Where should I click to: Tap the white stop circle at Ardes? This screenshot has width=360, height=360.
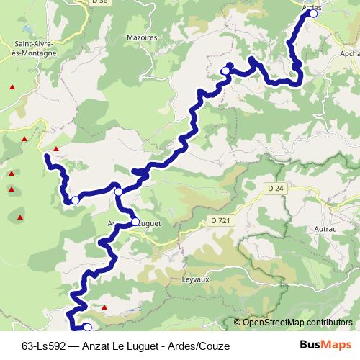313,13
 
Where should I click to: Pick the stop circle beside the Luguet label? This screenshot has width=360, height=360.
135,222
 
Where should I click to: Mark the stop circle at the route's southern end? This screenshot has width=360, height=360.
88,328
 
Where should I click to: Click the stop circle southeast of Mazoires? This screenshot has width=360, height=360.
225,71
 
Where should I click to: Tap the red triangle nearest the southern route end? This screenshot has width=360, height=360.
104,307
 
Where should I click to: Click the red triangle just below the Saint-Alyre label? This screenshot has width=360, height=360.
12,87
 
